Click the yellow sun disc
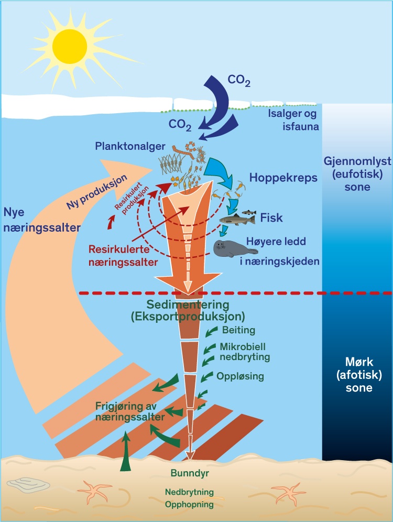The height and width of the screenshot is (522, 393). [x=68, y=44]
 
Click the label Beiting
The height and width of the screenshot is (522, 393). [x=238, y=331]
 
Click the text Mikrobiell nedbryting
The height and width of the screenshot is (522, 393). [x=245, y=352]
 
